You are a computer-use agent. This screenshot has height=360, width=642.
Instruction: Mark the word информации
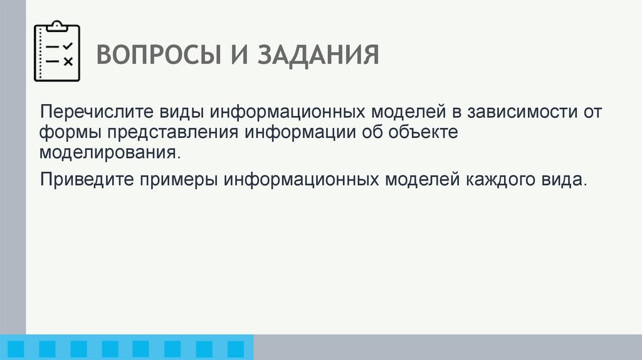pos(300,133)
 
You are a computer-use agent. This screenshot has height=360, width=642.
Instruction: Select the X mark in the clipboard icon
pos(68,61)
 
